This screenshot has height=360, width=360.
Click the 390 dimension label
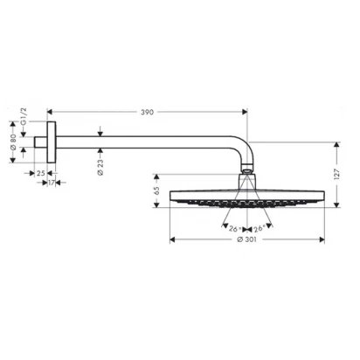click(147, 112)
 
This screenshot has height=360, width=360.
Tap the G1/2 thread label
click(24, 116)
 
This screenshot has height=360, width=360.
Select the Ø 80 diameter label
click(13, 142)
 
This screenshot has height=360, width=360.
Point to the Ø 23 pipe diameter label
click(100, 168)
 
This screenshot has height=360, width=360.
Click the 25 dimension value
click(41, 173)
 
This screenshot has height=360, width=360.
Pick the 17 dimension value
click(52, 183)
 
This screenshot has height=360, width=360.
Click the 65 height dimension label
click(156, 190)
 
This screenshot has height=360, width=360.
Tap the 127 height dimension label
click(336, 174)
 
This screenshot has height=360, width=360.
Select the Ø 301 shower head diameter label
click(246, 239)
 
